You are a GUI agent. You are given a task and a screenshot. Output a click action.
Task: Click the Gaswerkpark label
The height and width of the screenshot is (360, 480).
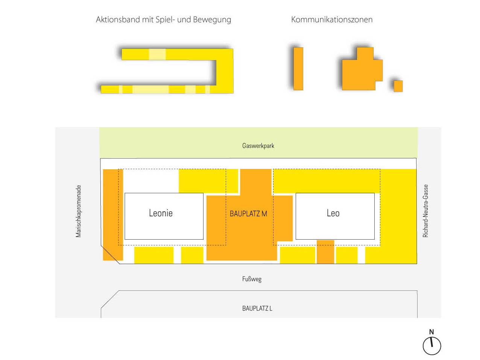coord(258,146)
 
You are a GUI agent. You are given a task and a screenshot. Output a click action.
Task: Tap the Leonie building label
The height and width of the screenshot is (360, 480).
coord(161,213)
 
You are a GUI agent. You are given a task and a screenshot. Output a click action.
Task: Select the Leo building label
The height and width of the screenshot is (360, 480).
coord(333,213)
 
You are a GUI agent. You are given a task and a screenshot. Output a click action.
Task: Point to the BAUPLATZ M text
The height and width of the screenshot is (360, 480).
coord(248,214)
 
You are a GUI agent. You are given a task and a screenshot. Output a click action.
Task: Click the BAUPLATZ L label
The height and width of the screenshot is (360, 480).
coord(257,308)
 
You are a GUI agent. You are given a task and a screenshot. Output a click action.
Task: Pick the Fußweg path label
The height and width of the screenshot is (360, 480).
coord(252,279)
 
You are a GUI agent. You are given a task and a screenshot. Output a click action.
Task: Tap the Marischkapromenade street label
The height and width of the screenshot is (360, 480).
coord(78,211)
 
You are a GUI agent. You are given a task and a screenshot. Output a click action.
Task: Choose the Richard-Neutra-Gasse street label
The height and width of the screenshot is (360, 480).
coord(425,211)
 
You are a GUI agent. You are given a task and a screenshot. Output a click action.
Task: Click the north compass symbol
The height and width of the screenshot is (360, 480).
coord(431,345)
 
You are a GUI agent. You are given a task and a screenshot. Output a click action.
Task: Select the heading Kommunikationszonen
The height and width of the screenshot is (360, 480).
coord(332,20)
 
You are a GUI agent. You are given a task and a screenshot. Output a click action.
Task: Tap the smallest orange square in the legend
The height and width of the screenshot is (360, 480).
coord(398,86)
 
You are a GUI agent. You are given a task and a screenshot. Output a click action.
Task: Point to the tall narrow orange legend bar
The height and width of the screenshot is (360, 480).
coord(298,68)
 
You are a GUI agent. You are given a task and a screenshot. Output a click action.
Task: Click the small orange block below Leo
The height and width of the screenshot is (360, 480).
coord(325,252)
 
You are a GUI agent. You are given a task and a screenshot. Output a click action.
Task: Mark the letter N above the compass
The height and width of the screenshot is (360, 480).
coord(431,332)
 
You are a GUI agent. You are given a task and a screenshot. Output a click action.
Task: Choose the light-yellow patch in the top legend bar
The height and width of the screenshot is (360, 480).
coord(157,54)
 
